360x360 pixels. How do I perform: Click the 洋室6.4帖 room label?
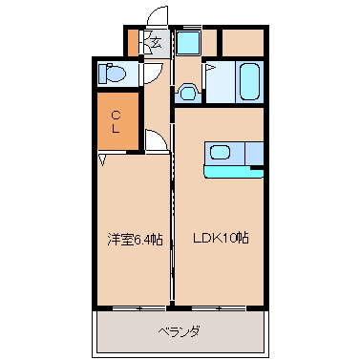tap(135, 240)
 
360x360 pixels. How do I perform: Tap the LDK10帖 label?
tap(221, 238)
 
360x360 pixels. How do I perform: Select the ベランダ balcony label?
tap(180, 332)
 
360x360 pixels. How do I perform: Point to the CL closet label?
tap(116, 122)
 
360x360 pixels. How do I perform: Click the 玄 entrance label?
tap(156, 42)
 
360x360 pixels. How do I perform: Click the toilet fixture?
tap(112, 74)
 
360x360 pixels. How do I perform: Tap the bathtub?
tap(249, 81)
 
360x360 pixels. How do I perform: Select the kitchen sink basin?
tap(221, 152)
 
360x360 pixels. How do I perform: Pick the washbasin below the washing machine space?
tap(188, 92)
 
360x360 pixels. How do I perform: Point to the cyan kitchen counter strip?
tap(234, 172)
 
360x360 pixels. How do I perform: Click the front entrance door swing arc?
tap(156, 15)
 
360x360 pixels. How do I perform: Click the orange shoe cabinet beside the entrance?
tap(133, 43)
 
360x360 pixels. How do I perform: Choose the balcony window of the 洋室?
tap(139, 308)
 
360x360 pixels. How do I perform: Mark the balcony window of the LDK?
tap(219, 308)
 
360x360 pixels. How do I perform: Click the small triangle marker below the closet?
tap(102, 159)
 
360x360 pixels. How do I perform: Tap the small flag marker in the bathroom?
tap(211, 68)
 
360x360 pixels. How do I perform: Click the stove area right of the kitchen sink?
tap(254, 154)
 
